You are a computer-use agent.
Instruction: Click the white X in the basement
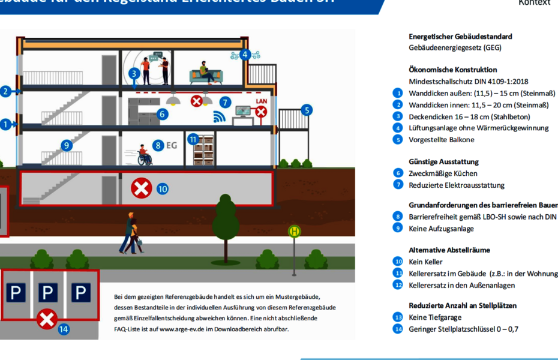pos(141,188)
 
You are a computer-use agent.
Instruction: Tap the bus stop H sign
pos(295,231)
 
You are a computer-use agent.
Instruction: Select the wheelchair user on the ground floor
pos(144,155)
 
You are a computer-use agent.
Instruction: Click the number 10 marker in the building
pos(163,188)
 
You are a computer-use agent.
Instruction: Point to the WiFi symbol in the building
pos(220,116)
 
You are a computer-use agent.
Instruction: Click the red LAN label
pos(261,101)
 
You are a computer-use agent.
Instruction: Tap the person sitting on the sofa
pos(205,71)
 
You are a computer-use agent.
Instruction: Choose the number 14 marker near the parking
pos(64,329)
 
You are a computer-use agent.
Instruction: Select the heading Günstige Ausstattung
pos(443,161)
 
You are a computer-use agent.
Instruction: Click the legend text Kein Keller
pos(425,262)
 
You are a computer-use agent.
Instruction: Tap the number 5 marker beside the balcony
pos(307,110)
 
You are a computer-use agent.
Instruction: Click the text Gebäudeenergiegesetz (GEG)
pos(455,47)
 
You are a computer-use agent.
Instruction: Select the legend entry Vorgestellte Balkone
pos(441,140)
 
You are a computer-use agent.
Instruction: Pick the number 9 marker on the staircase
pos(66,145)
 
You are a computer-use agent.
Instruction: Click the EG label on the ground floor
pos(172,145)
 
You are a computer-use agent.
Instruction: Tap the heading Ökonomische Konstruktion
pos(452,70)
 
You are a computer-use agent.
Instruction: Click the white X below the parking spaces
pos(47,319)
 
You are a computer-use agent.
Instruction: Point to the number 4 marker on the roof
pos(244,55)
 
